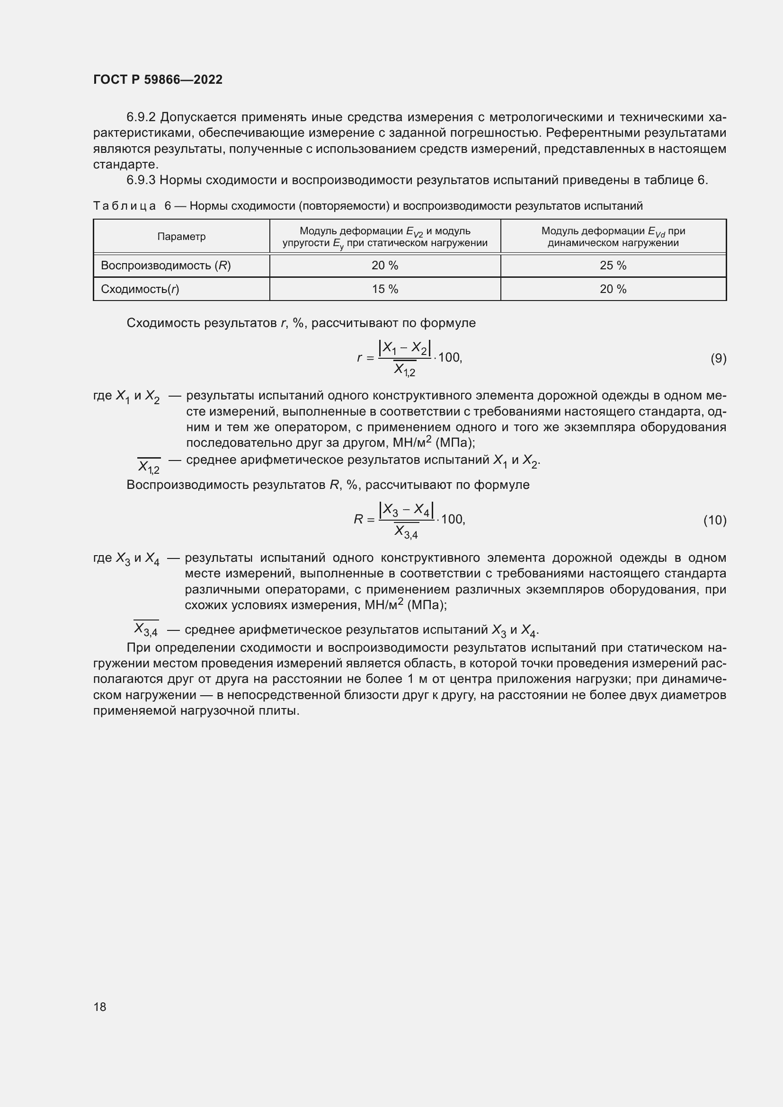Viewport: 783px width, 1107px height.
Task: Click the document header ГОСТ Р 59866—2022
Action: tap(158, 80)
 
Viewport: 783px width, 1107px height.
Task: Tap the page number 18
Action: tap(100, 1007)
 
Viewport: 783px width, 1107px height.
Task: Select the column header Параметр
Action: tap(181, 237)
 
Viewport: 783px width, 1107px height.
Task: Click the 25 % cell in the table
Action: tap(613, 266)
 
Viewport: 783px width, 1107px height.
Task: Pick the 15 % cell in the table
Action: tap(385, 289)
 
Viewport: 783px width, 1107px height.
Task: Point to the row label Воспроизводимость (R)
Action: tap(165, 266)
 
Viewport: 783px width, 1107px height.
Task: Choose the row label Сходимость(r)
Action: tap(140, 289)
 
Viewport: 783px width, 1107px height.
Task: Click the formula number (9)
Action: tap(718, 358)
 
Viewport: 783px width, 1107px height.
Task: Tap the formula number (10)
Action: tap(714, 520)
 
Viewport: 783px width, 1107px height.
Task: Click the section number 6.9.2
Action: tap(141, 117)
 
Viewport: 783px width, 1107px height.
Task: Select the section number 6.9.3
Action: tap(141, 180)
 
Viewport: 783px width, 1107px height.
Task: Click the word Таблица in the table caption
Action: tap(125, 206)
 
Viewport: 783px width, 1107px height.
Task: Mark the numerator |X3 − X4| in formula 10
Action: tap(406, 510)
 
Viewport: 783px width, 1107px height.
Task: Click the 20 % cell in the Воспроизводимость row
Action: tap(385, 266)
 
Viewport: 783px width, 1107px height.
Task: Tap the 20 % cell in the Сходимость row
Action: tap(613, 289)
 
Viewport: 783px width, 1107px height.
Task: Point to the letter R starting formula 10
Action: tap(358, 520)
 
